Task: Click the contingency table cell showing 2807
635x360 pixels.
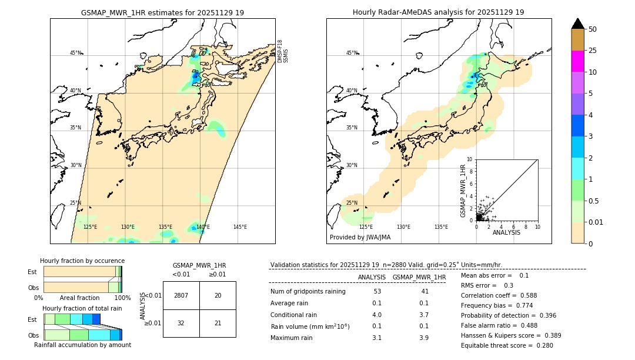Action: (181, 295)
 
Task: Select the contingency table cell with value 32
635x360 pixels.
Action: (181, 323)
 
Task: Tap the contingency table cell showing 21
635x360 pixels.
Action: (218, 323)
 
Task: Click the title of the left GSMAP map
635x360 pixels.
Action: (162, 12)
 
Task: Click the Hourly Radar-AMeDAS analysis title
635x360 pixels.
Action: (438, 12)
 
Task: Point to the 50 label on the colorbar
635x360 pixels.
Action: (593, 29)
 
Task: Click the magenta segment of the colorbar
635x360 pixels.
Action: (577, 61)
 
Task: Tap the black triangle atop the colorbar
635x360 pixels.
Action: (577, 24)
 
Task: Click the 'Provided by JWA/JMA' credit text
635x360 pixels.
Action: (360, 238)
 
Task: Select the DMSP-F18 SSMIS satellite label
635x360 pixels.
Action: (282, 51)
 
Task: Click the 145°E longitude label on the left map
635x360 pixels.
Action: (240, 227)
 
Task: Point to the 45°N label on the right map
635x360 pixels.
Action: (352, 53)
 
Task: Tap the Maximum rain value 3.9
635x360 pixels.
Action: (423, 338)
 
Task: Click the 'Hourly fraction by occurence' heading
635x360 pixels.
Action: (82, 261)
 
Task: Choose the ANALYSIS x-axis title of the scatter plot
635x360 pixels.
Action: (506, 233)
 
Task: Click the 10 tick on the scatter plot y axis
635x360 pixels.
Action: (470, 159)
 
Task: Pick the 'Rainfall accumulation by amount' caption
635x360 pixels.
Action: (82, 345)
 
